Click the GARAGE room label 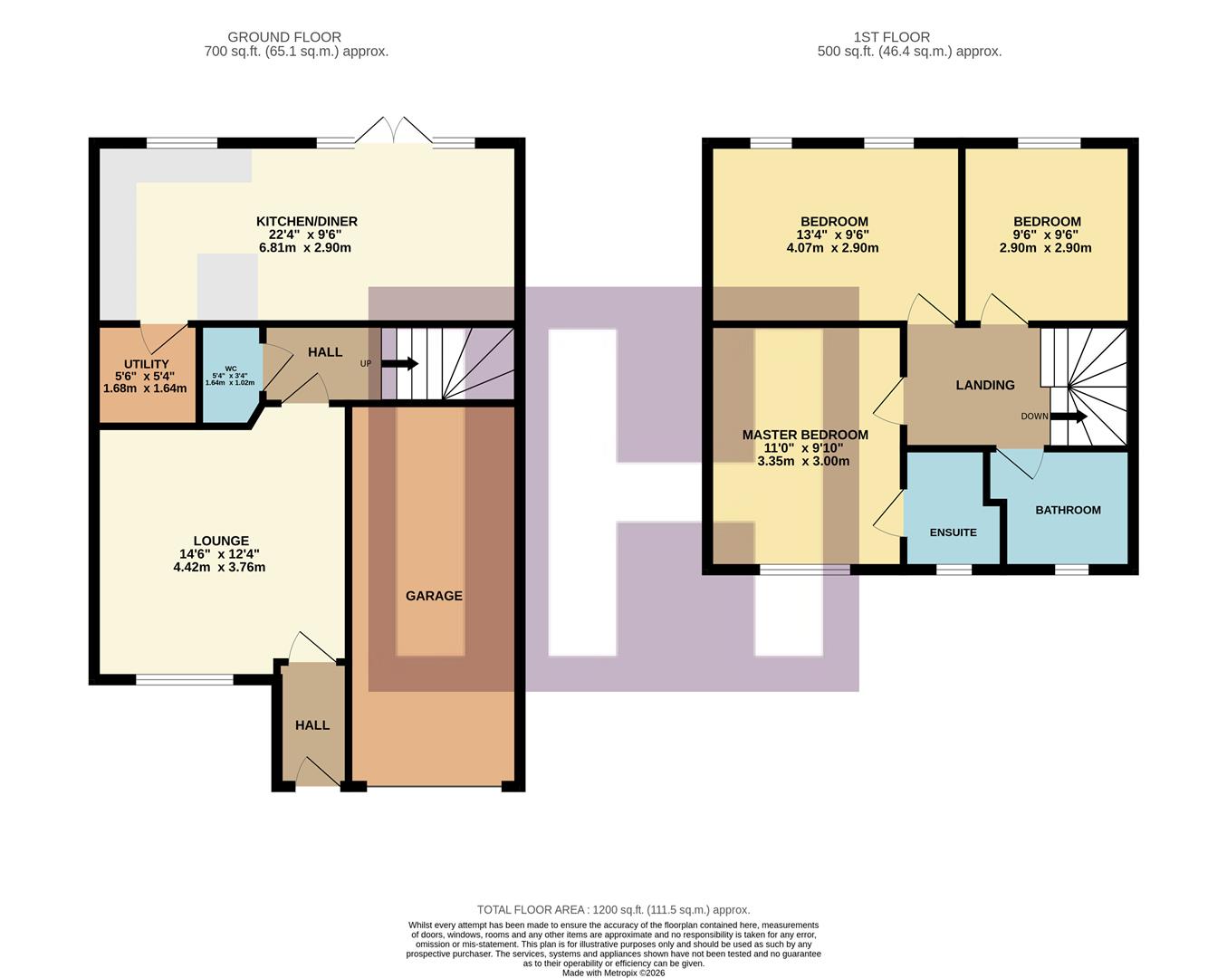pyautogui.click(x=434, y=596)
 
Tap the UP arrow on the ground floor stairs pyautogui.click(x=399, y=364)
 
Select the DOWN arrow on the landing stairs pyautogui.click(x=1069, y=417)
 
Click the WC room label pyautogui.click(x=230, y=369)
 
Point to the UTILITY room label pyautogui.click(x=147, y=364)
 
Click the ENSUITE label pyautogui.click(x=953, y=532)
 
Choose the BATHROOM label pyautogui.click(x=1068, y=510)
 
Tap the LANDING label pyautogui.click(x=985, y=385)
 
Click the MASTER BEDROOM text pyautogui.click(x=805, y=435)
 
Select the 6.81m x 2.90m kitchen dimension pyautogui.click(x=305, y=247)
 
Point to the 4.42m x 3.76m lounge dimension pyautogui.click(x=219, y=568)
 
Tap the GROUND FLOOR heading pyautogui.click(x=284, y=37)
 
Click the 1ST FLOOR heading pyautogui.click(x=891, y=37)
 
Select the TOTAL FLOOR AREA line pyautogui.click(x=613, y=910)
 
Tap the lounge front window pyautogui.click(x=185, y=679)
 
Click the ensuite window pyautogui.click(x=954, y=570)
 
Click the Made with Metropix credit pyautogui.click(x=613, y=973)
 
